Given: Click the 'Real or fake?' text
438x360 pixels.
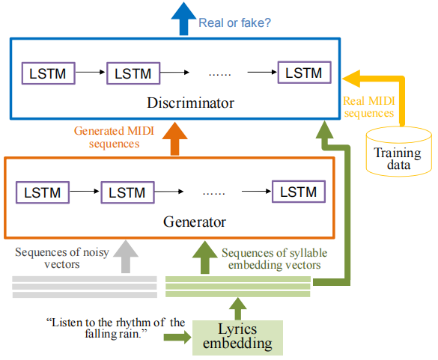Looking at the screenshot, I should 234,23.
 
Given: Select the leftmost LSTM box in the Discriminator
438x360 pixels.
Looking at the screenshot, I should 47,73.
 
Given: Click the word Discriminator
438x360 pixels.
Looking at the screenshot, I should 192,103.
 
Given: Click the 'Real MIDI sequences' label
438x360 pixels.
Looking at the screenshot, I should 368,106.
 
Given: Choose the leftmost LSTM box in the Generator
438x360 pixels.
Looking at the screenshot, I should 42,192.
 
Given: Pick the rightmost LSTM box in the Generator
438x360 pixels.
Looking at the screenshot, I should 299,192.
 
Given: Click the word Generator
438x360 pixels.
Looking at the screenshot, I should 194,222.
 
